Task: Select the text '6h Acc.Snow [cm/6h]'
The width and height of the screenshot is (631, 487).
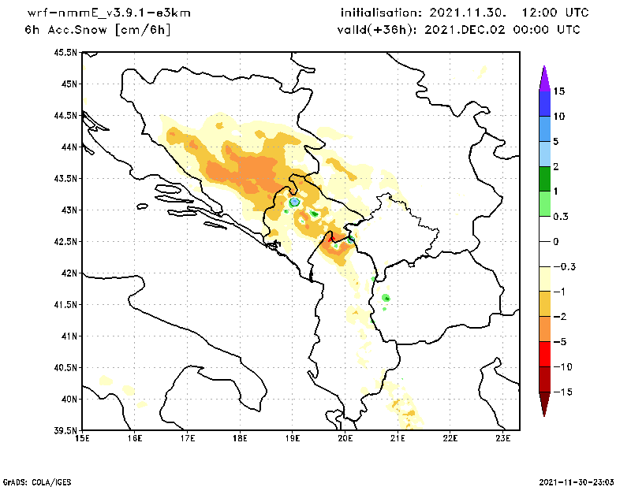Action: (x=98, y=30)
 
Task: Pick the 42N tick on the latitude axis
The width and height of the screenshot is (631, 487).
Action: (x=69, y=273)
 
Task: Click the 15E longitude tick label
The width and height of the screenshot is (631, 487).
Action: (x=82, y=438)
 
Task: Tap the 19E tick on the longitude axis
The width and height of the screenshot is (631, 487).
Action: (x=293, y=438)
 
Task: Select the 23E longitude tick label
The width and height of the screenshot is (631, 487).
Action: (x=503, y=438)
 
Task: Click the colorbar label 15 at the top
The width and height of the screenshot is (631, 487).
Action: (x=558, y=91)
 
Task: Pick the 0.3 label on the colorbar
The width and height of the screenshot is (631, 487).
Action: (x=560, y=216)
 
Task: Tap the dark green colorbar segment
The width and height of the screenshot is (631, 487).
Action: (x=543, y=179)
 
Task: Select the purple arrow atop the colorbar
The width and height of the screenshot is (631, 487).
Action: (x=543, y=77)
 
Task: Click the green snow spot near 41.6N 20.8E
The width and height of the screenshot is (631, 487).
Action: (x=386, y=298)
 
